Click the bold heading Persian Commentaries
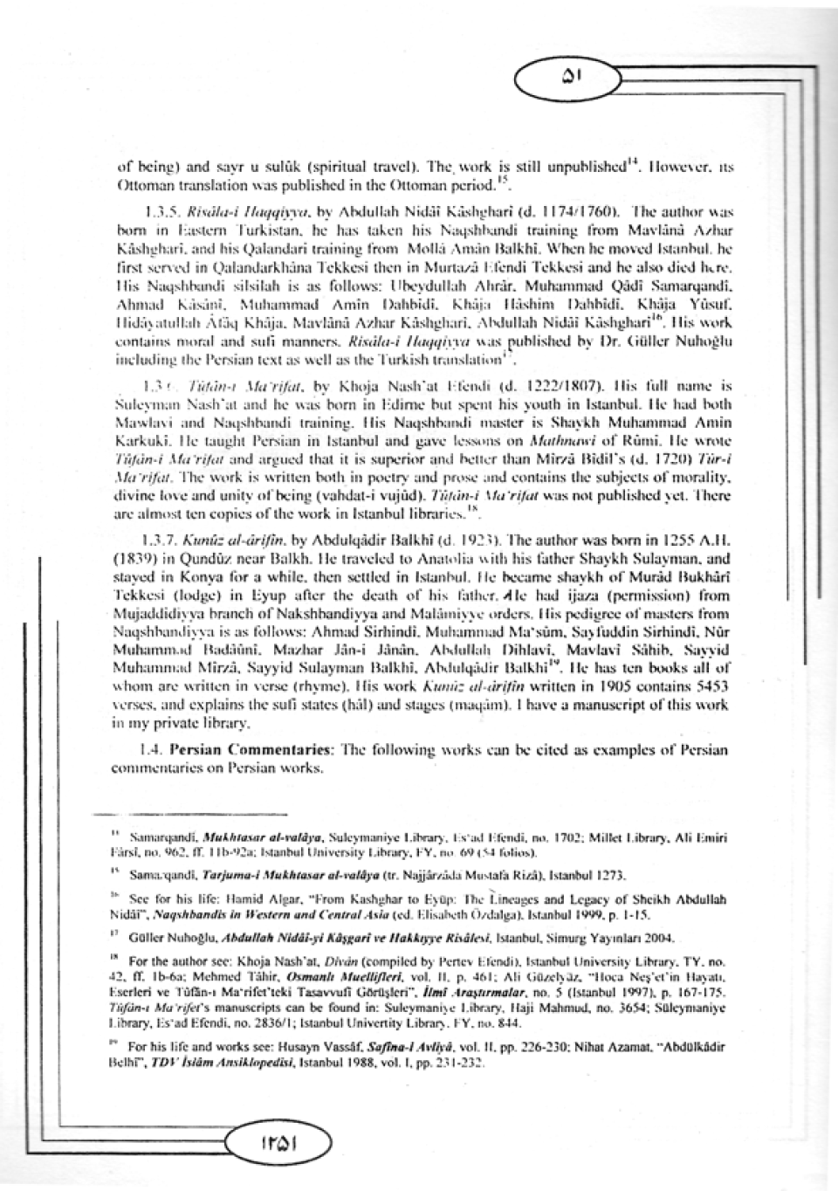tap(249, 750)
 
